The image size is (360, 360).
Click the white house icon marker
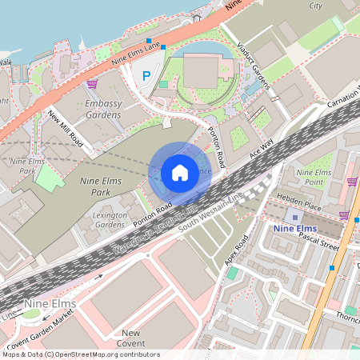click(180, 173)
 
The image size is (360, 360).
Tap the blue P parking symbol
click(146, 76)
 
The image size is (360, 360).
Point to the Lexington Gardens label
click(110, 220)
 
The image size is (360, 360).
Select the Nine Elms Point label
click(314, 178)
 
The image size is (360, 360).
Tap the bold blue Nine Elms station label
click(300, 229)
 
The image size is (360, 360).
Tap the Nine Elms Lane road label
click(137, 52)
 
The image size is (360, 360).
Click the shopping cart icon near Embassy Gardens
click(92, 83)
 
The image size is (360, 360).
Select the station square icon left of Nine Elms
click(295, 217)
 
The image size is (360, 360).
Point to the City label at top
click(316, 5)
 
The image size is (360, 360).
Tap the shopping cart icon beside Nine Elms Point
click(352, 181)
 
